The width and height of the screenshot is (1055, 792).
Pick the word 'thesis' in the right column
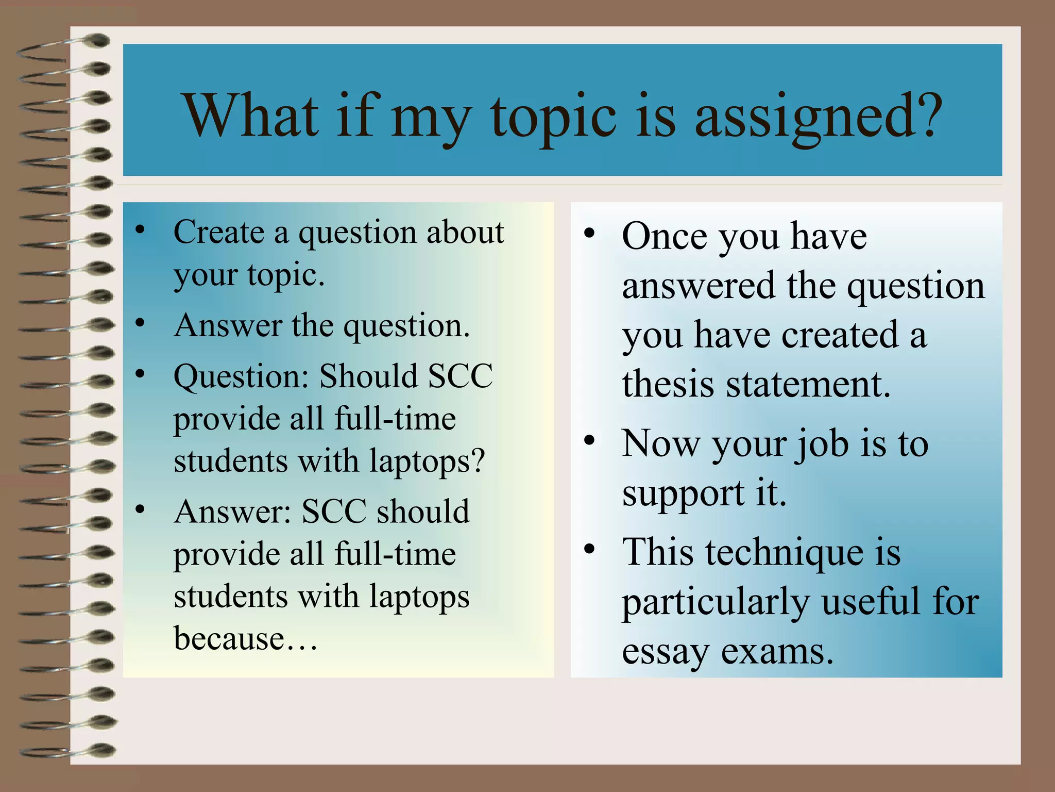(x=668, y=384)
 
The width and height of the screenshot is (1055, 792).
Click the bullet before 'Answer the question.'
(x=140, y=323)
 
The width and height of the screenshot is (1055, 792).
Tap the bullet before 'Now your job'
(x=589, y=440)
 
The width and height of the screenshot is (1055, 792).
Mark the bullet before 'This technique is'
(x=589, y=549)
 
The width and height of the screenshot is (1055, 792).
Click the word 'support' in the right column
(x=683, y=494)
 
